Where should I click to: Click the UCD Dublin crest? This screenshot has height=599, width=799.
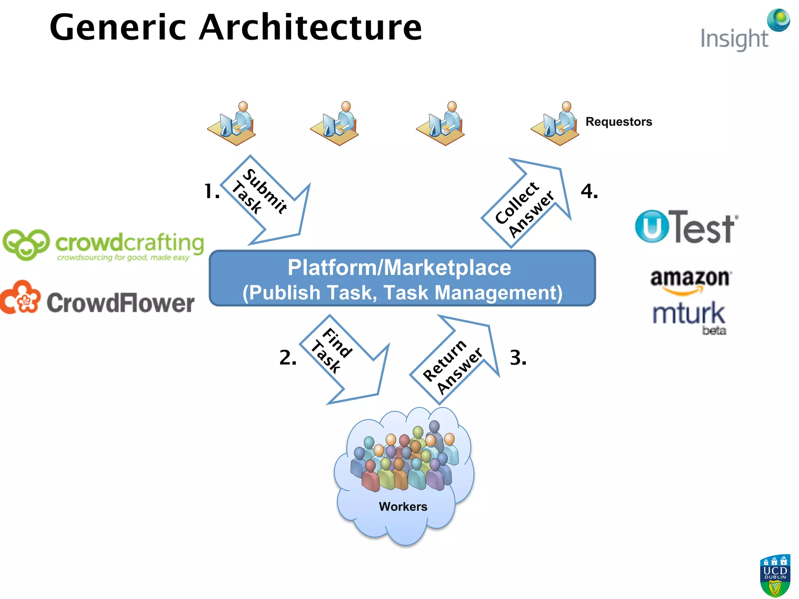775,576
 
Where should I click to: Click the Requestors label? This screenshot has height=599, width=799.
618,122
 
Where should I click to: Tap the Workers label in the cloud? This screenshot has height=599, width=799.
403,507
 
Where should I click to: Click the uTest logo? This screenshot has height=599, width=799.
686,227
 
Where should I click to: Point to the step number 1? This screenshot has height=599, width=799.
212,191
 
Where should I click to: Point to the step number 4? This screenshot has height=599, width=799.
589,191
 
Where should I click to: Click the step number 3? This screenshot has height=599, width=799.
518,358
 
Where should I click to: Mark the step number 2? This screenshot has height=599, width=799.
288,358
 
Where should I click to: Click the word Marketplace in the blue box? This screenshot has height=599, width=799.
447,268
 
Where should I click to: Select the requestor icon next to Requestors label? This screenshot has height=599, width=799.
556,124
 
